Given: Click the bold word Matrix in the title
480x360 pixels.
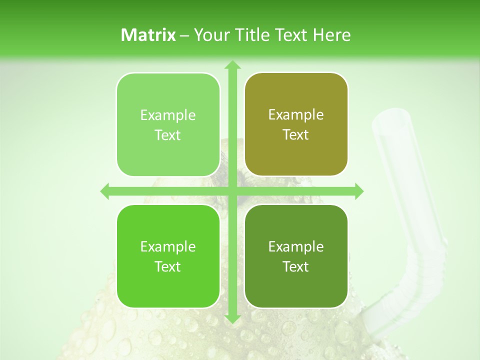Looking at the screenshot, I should pos(148,35).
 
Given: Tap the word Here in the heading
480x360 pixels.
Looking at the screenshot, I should pos(331,35).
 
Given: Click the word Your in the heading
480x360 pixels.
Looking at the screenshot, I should pos(209,35).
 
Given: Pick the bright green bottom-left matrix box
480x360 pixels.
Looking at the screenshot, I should pos(168,256).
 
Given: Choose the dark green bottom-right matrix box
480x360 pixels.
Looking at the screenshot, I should pos(296,256).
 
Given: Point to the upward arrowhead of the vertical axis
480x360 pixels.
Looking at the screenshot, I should pos(232,64).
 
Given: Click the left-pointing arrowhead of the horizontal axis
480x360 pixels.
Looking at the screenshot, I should pos(105,191).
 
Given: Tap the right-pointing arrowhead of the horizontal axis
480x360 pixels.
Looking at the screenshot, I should pos(358,191).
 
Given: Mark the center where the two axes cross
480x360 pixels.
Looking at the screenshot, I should pos(232,191).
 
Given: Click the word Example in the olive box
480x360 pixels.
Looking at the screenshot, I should pos(296,114).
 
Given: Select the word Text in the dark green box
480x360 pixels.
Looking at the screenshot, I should pos(296,266).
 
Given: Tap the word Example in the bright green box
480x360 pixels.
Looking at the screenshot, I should pos(168,246).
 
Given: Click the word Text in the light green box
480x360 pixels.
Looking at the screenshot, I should pos(168,135).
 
